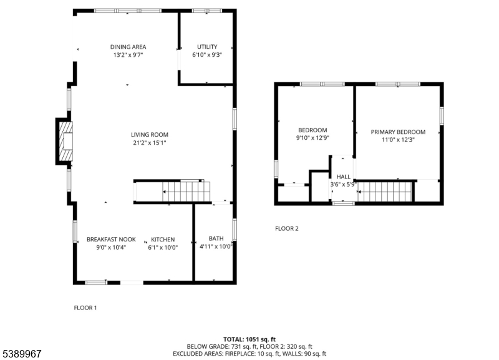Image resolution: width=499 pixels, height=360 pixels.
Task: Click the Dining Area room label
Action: (128, 47)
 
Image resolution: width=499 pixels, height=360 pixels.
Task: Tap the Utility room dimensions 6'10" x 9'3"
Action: (207, 55)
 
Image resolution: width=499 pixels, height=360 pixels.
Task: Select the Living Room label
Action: (149, 134)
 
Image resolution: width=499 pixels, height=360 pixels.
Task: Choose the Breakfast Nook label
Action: (111, 240)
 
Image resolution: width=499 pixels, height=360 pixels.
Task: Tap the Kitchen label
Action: (163, 240)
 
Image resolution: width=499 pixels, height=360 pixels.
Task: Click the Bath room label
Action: (216, 238)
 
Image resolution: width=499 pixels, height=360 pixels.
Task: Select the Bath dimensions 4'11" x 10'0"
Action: (216, 246)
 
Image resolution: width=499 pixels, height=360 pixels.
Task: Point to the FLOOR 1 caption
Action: (85, 308)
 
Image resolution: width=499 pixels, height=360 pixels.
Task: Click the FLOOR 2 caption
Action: (287, 228)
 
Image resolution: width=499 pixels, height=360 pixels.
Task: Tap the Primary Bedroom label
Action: (398, 132)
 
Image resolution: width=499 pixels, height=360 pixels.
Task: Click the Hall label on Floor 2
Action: (343, 177)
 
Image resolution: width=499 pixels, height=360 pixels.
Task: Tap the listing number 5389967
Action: (22, 354)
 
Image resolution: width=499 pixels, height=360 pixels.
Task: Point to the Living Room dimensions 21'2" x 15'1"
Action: (149, 143)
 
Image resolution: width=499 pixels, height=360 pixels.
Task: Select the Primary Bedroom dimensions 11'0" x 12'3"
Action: (398, 140)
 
